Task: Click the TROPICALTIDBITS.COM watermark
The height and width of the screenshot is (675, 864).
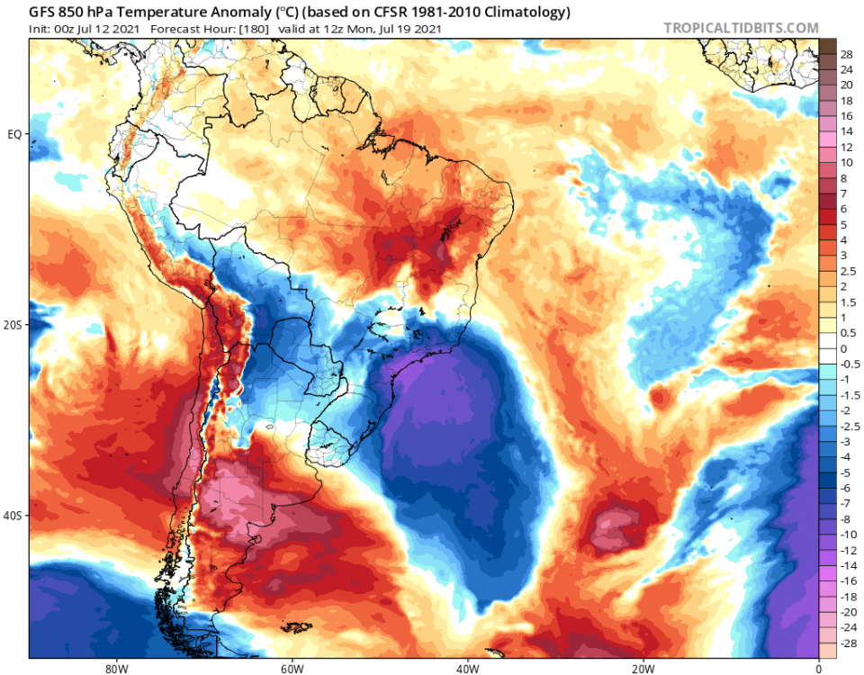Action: pyautogui.click(x=741, y=28)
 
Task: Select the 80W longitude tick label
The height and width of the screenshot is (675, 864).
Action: pyautogui.click(x=114, y=668)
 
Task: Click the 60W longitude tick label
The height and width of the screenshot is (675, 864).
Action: pyautogui.click(x=291, y=668)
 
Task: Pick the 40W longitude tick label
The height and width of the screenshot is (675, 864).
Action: pyautogui.click(x=466, y=668)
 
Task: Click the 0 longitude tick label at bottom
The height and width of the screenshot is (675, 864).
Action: pyautogui.click(x=818, y=668)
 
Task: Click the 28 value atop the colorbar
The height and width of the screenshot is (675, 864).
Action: pyautogui.click(x=846, y=54)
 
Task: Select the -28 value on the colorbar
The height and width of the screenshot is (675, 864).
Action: pyautogui.click(x=846, y=645)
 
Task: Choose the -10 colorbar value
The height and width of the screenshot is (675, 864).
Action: pyautogui.click(x=846, y=534)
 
